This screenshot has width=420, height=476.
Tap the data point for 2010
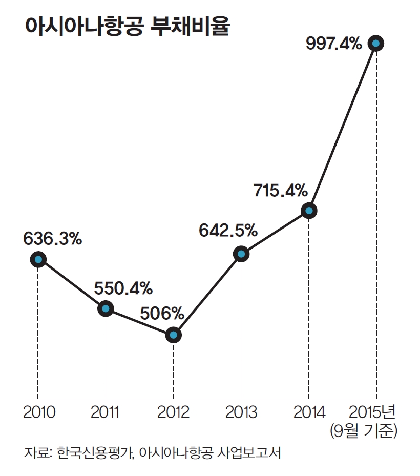tap(38, 260)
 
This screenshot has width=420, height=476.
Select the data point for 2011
tap(106, 308)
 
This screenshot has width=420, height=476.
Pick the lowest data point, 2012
tap(173, 335)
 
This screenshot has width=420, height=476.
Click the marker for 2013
tap(241, 254)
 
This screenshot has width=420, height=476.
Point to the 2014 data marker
tap(308, 210)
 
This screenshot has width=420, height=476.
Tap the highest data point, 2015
tap(376, 44)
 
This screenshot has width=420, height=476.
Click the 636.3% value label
tap(53, 239)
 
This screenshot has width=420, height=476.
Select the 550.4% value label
tap(123, 288)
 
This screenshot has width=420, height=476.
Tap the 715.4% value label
tap(280, 191)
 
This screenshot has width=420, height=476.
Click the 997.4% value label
tap(334, 44)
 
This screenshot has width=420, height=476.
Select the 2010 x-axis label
tap(39, 412)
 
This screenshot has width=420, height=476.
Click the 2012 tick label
tap(173, 412)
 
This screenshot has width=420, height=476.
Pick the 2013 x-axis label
tap(241, 412)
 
